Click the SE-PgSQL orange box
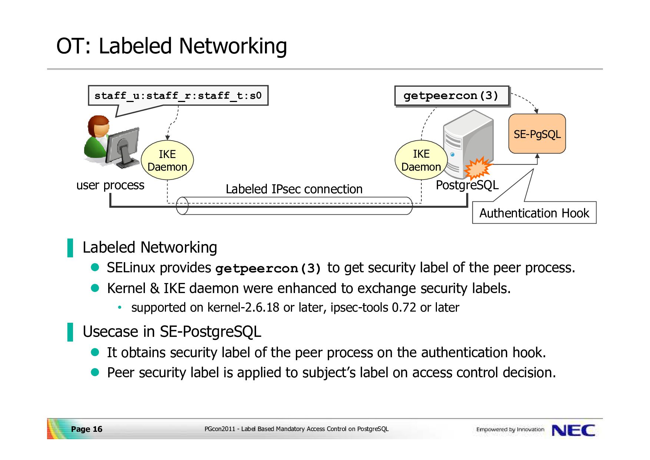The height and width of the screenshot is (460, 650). pos(537,134)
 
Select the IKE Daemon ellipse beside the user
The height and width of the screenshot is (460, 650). pos(168,160)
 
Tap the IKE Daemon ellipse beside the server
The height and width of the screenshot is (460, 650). pos(421,160)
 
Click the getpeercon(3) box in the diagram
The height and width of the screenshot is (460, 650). pos(452,96)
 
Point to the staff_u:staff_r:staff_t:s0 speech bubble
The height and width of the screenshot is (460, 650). pos(178,96)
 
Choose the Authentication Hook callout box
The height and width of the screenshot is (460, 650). pos(534,213)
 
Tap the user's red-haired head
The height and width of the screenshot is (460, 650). pos(99,126)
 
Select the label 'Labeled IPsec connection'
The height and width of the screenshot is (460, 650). pos(294,189)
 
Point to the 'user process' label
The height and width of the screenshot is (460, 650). pos(110,185)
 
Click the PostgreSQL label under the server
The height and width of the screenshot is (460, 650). pos(467,185)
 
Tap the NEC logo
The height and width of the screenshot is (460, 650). pos(573,430)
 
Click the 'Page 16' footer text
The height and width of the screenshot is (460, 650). pos(86,429)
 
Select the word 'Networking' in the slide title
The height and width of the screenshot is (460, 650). pos(233,46)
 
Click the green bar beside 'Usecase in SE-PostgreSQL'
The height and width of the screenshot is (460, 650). pos(70,332)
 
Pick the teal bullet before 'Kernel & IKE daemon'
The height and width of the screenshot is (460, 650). pos(95,288)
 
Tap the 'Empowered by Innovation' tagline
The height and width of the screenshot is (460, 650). pos(510,430)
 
